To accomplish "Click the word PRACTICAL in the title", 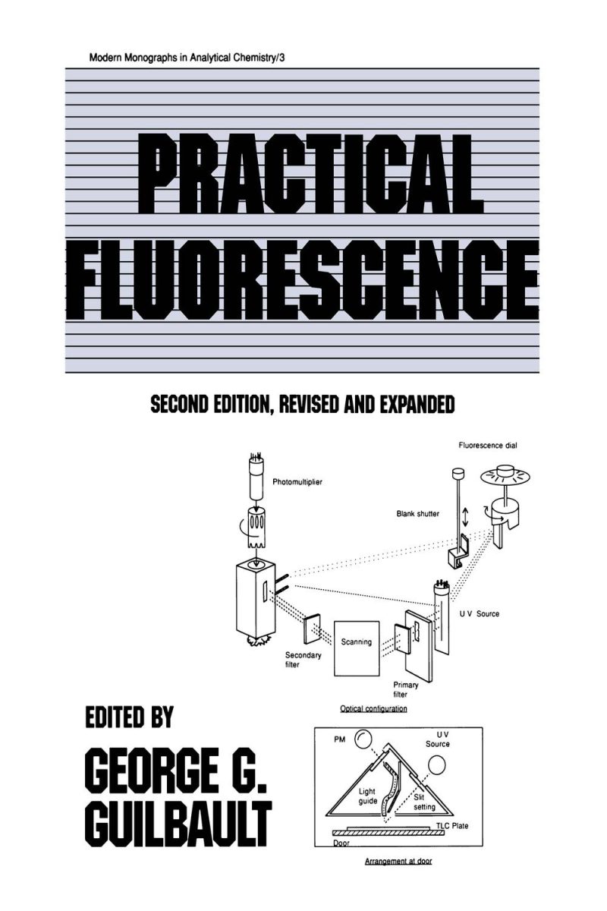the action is coord(310,174).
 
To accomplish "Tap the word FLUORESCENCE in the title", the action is coord(303,281).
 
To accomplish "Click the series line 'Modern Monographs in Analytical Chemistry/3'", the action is coord(187,58).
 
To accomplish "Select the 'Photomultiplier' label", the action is coord(297,482).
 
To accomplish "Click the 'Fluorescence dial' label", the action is coord(488,446).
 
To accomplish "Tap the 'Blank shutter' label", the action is coord(418,514).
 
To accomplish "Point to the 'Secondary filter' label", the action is coord(303,660).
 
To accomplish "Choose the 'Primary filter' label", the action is coord(406,689).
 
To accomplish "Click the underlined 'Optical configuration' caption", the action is coord(373,709).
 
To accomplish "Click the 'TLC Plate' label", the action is coord(452,826).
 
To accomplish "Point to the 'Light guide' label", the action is coord(367,796).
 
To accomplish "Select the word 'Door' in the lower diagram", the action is coord(341,843).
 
